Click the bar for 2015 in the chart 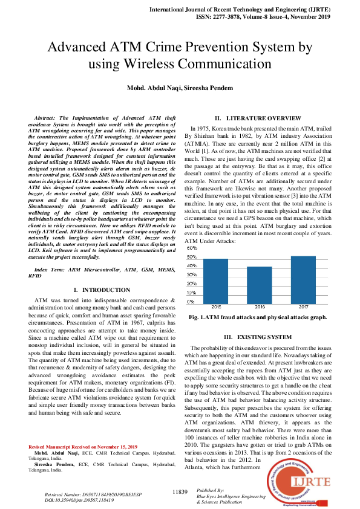tap(215, 280)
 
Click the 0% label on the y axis tap(191, 301)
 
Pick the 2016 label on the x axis tap(260, 307)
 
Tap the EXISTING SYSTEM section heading tap(258, 336)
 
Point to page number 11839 tap(180, 492)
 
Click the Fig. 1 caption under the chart tap(258, 317)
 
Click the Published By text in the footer tap(211, 491)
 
